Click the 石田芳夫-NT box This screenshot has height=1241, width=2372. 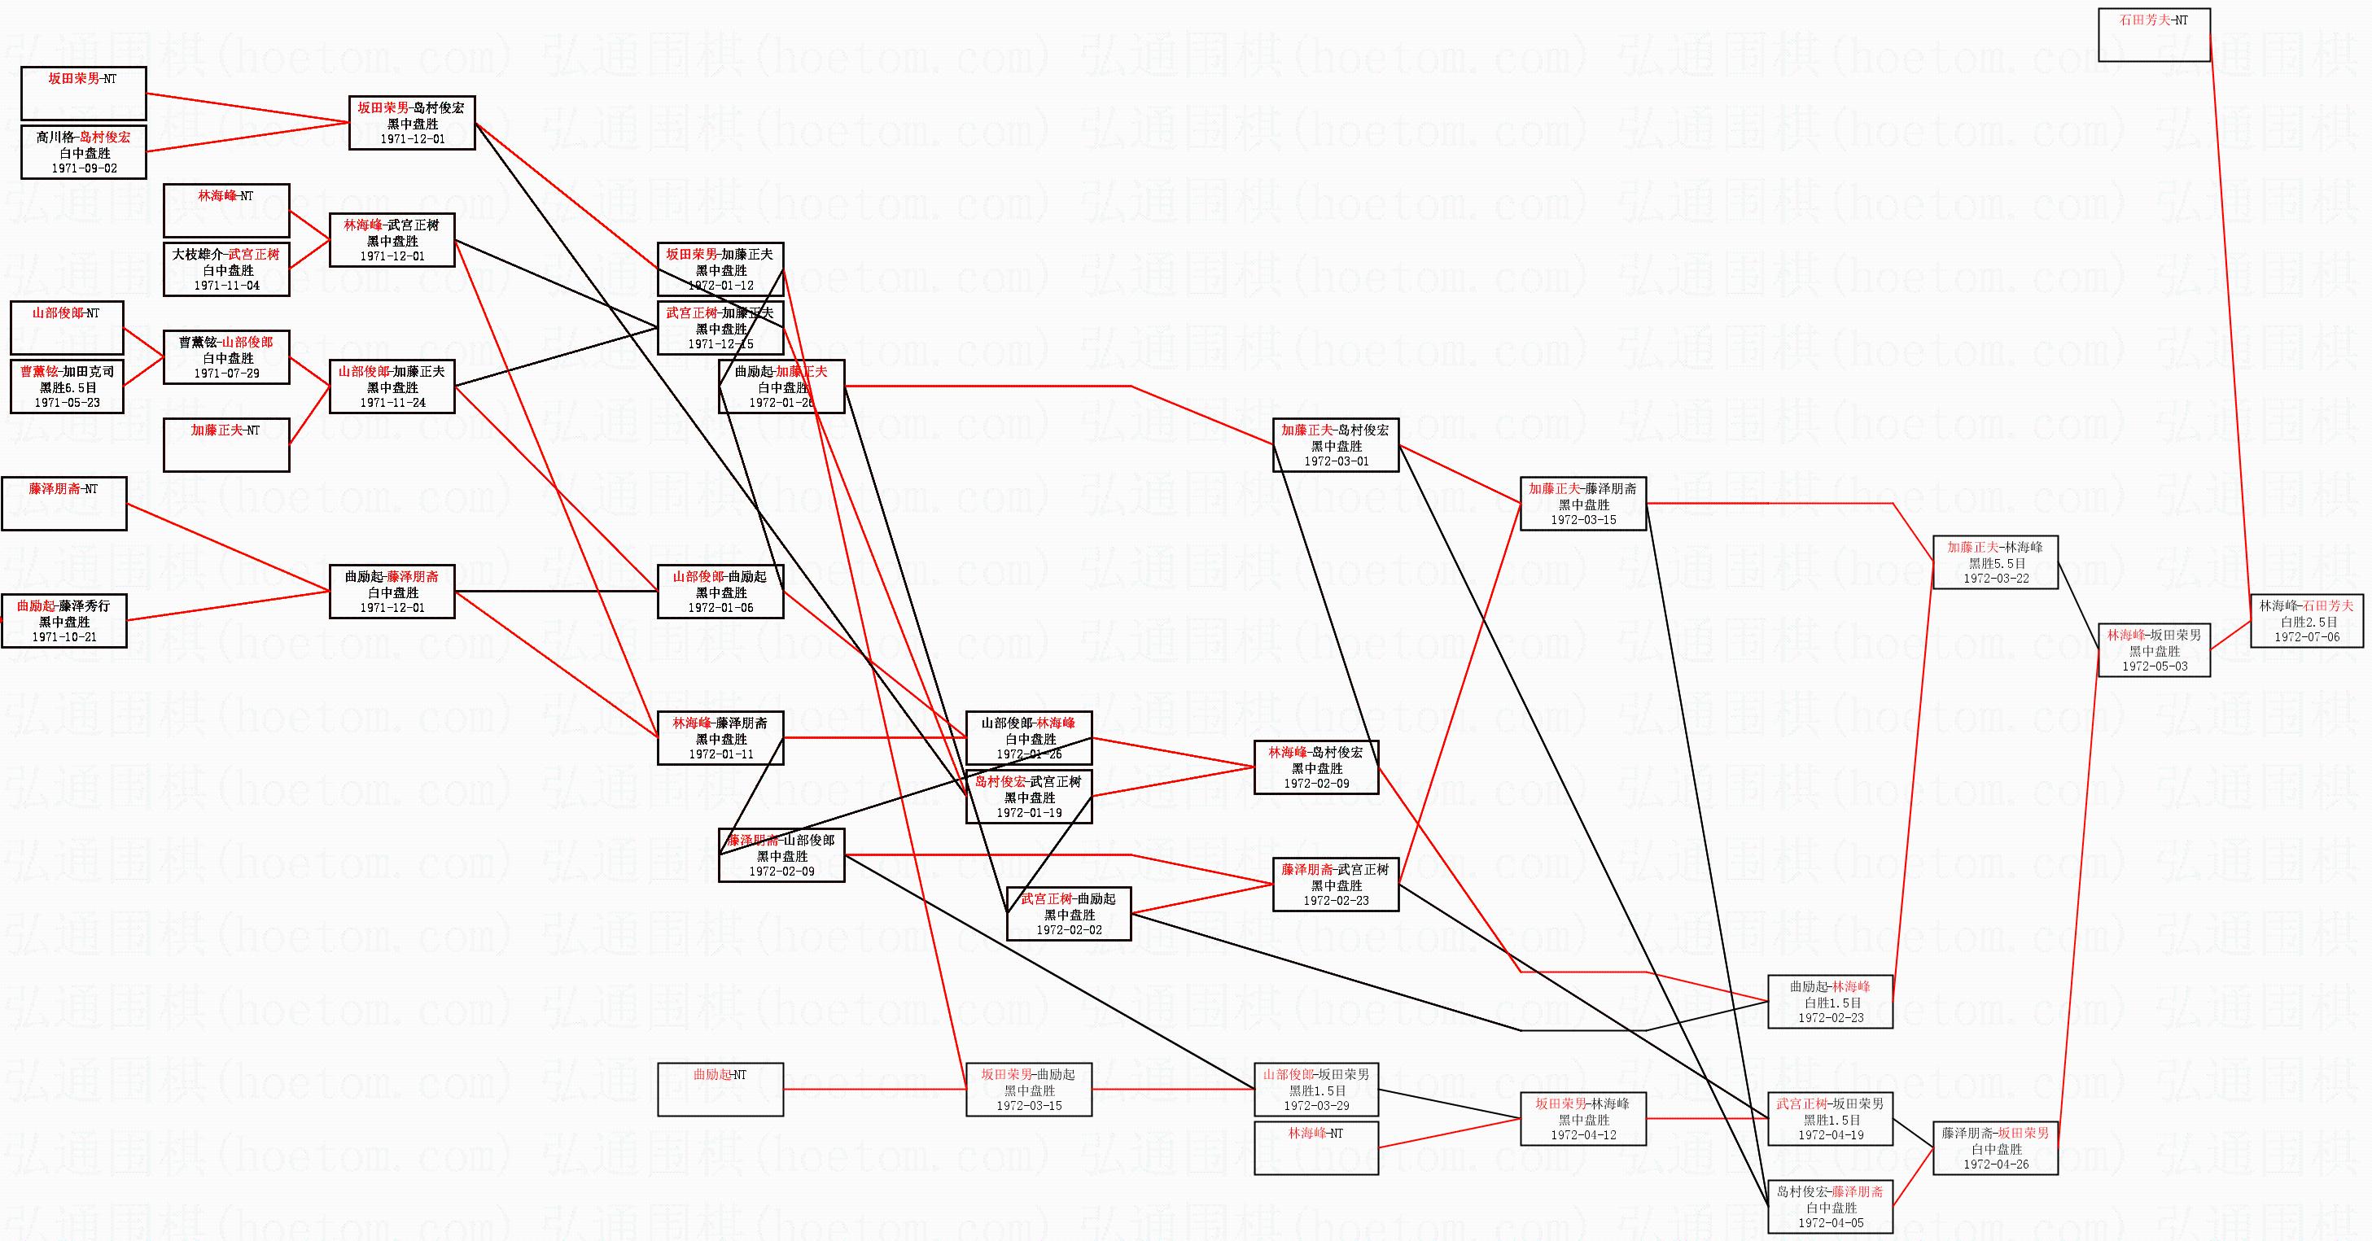[2153, 35]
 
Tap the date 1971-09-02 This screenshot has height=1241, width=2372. [84, 168]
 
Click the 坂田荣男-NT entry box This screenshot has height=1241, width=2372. [83, 93]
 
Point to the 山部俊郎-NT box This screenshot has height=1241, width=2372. [66, 328]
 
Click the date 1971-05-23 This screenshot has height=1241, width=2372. [66, 402]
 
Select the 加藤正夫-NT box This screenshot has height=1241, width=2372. [226, 444]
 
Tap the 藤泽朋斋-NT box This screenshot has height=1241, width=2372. [63, 504]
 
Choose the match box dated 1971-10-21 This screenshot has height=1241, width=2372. [63, 620]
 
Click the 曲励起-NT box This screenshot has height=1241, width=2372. [720, 1089]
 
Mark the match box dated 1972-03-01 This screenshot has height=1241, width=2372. [1335, 446]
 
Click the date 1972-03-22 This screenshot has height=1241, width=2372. [1994, 578]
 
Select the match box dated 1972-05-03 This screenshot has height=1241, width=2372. [2154, 650]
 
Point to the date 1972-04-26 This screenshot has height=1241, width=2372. [1994, 1165]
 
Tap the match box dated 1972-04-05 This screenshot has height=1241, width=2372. [1830, 1206]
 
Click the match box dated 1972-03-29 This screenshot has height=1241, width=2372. [1316, 1089]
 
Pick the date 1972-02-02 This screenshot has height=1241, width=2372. [1068, 930]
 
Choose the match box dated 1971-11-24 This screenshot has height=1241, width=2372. [392, 387]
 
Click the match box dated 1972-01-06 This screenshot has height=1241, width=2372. [720, 592]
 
